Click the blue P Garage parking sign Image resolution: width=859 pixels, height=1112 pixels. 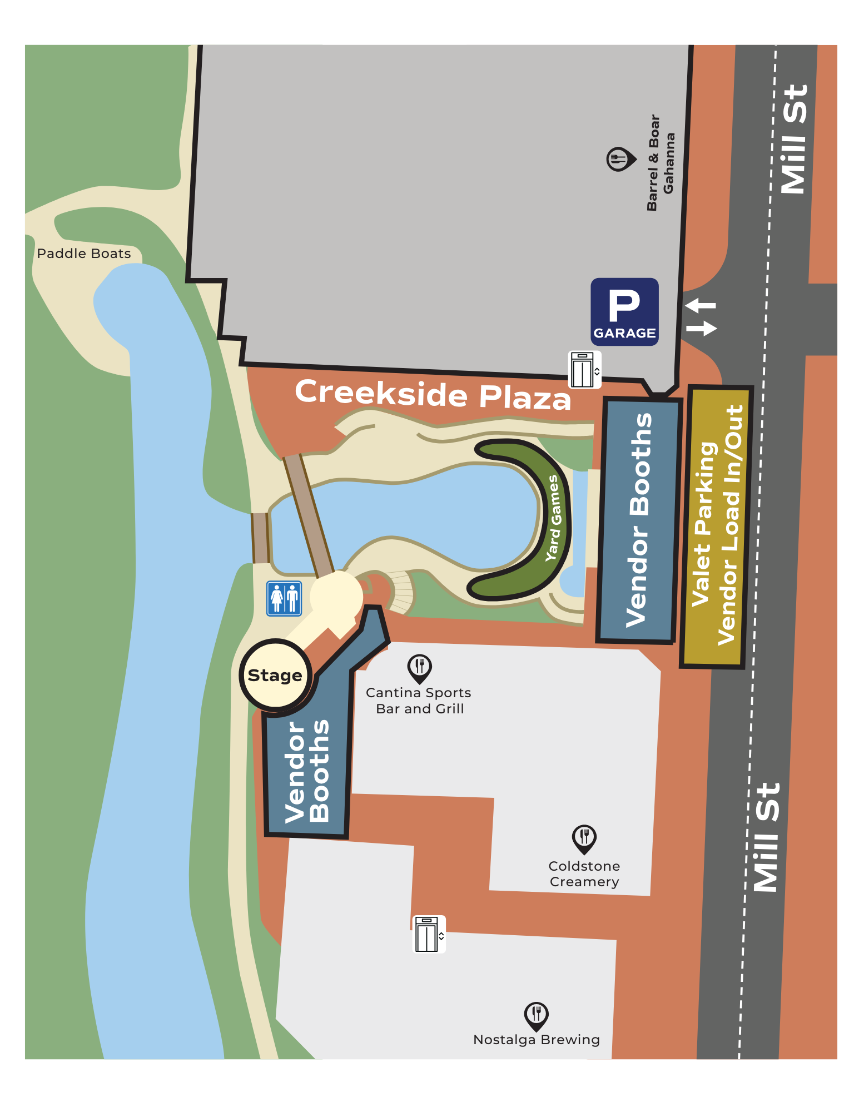(x=624, y=312)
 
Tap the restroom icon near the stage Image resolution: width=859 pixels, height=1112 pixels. (x=284, y=598)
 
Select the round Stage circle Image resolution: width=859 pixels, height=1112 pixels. (x=275, y=675)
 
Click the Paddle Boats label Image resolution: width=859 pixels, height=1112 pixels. (x=84, y=254)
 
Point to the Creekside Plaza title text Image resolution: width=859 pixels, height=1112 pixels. (x=433, y=394)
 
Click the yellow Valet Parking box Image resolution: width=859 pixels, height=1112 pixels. (x=717, y=526)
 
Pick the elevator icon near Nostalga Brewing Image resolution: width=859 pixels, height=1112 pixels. (x=429, y=935)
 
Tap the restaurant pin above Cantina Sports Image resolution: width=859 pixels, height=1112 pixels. (x=419, y=668)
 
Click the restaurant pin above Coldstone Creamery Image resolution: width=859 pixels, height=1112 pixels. (x=584, y=838)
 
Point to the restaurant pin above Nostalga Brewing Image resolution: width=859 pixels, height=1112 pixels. (x=536, y=1015)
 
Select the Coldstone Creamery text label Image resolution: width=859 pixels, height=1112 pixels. (x=584, y=873)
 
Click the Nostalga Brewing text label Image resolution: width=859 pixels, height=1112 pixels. (x=536, y=1040)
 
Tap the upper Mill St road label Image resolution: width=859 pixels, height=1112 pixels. (x=793, y=139)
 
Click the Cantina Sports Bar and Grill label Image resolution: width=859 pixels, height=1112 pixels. (x=419, y=701)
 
